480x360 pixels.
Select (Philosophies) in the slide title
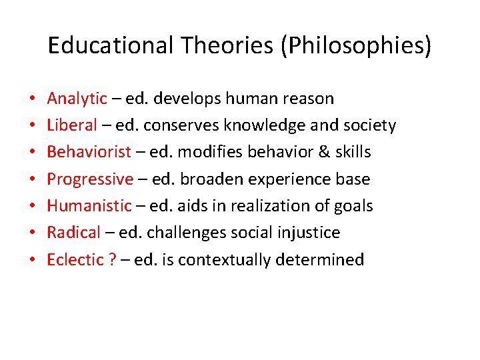pyautogui.click(x=356, y=45)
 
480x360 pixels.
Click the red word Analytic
pyautogui.click(x=77, y=99)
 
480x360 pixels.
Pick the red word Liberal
pyautogui.click(x=72, y=125)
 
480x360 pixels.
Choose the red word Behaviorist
pyautogui.click(x=89, y=152)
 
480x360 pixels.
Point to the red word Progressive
pyautogui.click(x=90, y=179)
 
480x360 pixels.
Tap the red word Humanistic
pyautogui.click(x=89, y=205)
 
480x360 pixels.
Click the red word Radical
pyautogui.click(x=73, y=232)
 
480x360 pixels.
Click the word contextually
pyautogui.click(x=222, y=259)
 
